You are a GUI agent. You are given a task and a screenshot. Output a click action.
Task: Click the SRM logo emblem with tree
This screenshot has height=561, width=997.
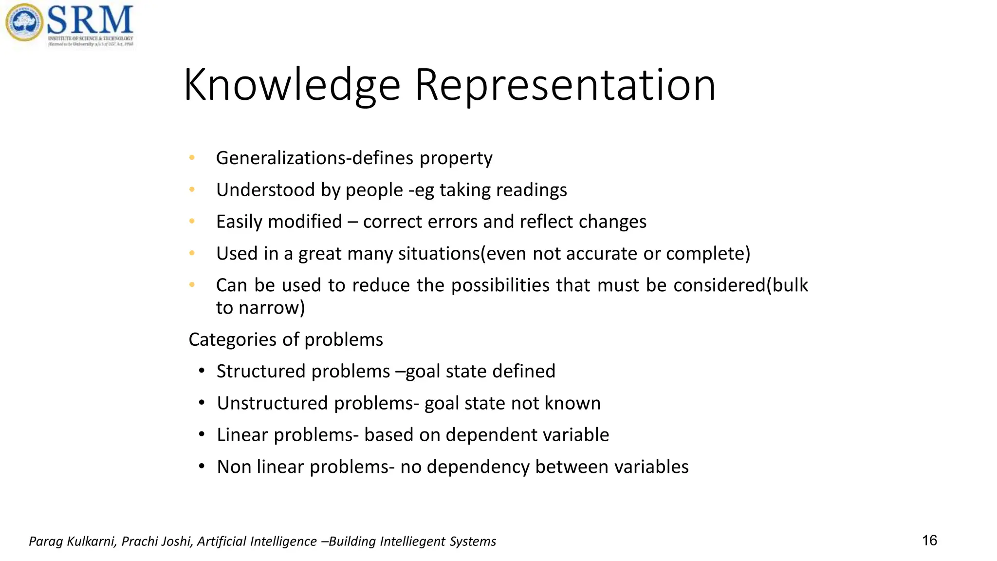(24, 22)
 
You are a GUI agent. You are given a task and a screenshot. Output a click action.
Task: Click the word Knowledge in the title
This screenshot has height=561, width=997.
(292, 85)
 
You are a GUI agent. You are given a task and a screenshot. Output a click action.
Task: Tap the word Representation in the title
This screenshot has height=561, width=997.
(565, 85)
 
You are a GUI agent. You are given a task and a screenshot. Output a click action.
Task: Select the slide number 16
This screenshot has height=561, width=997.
(929, 541)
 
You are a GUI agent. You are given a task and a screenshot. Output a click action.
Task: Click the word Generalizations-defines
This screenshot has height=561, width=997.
(314, 158)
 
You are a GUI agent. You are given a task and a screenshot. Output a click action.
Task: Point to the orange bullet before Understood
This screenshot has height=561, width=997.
(192, 189)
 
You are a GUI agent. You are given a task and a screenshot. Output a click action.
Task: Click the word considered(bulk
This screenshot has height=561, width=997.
(740, 285)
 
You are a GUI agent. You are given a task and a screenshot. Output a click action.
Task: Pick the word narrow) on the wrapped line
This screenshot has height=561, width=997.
(272, 308)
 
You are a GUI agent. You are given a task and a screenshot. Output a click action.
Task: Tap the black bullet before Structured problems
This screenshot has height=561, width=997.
(202, 371)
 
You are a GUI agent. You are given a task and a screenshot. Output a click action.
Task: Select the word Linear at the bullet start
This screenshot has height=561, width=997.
(242, 435)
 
